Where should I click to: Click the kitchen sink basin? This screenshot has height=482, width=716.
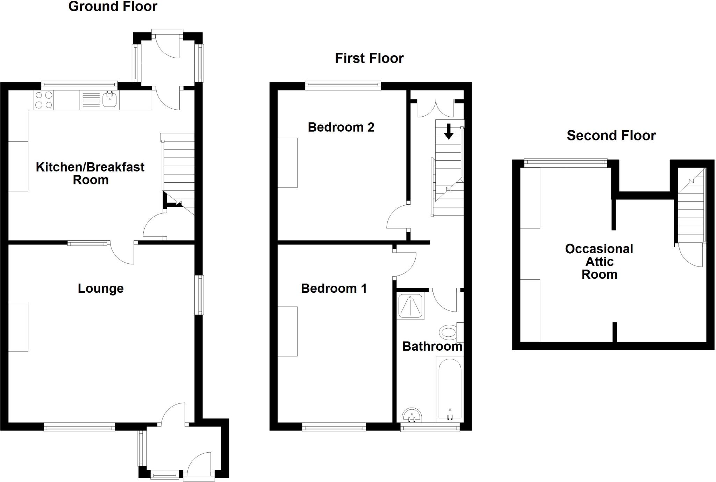pos(109,100)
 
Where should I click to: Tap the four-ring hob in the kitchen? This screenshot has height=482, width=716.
pos(44,100)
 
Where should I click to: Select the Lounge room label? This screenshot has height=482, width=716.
pos(101,289)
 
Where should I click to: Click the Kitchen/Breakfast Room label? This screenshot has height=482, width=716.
pos(90,173)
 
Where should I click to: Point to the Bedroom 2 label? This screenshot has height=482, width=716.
pos(341,127)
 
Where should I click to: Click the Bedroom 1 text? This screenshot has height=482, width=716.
pos(334,289)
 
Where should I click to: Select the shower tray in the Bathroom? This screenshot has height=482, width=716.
pos(410,306)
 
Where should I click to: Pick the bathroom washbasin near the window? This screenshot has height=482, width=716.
pos(412,415)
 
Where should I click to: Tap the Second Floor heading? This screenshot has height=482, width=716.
pos(611,136)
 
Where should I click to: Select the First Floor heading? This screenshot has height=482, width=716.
pos(369,58)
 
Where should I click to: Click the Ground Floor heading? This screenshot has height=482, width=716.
pos(113,6)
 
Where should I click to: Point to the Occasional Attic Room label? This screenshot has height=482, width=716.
pos(599,262)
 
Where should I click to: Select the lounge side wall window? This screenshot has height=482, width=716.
pos(199,295)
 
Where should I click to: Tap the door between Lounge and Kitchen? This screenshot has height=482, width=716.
pos(122,252)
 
